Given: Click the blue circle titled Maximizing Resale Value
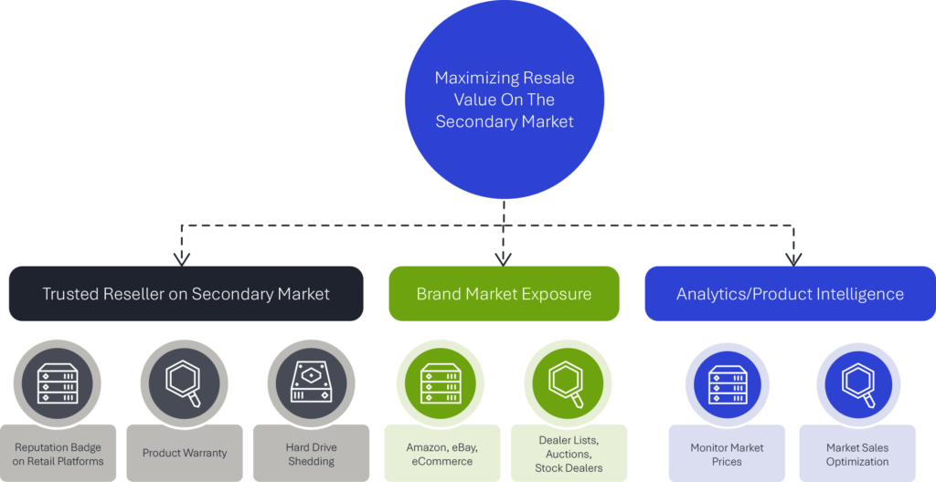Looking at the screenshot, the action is pos(505,100).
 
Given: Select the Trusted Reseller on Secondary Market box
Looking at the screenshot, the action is pos(186,294).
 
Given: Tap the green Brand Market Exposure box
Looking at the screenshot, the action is pos(504,294).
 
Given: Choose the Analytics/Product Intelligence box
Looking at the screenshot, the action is pos(790,294).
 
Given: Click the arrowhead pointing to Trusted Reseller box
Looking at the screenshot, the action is pos(182,259).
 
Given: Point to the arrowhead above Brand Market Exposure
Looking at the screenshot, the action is pos(504,259).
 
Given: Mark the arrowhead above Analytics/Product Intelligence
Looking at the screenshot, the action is pos(793,259).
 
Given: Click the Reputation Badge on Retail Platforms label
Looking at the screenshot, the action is pos(58,454).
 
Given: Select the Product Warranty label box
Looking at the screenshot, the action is pos(185,454).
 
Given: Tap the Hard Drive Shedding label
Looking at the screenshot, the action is pos(311,454).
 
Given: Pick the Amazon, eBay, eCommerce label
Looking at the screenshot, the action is pos(441,454).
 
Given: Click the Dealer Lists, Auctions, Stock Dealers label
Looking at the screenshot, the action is pos(569,454).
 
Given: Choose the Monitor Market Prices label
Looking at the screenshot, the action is pos(727,454).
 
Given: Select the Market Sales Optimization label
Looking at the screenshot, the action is pos(857,454).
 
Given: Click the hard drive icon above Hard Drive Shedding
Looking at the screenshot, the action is pos(311,383).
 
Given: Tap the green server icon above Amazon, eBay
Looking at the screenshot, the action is pos(441,383).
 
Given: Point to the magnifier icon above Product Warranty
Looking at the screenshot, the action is pos(185,383).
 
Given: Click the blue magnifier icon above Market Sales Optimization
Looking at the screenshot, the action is pos(858,384).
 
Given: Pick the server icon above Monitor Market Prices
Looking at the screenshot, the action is pos(727,384).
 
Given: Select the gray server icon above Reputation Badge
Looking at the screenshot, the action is pos(58,383).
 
